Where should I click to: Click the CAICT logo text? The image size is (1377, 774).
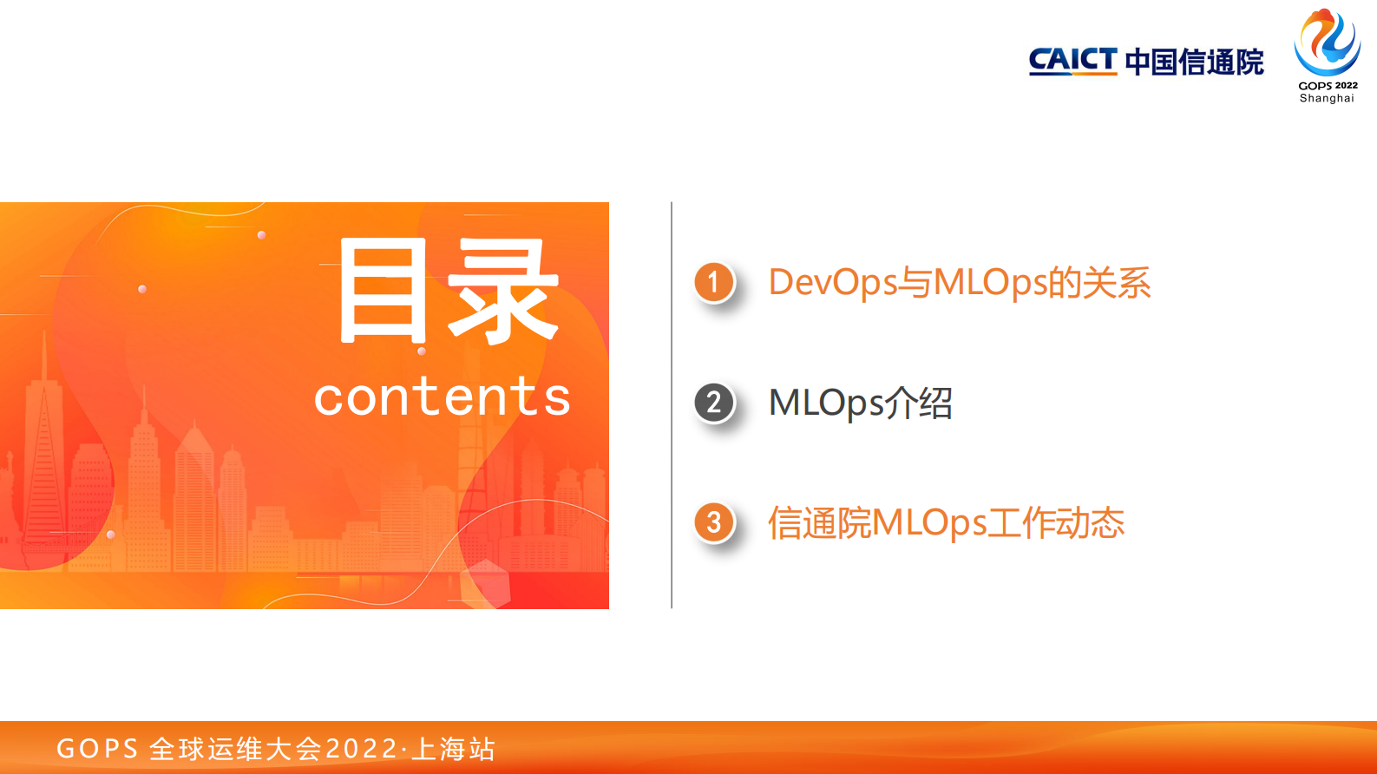(1072, 61)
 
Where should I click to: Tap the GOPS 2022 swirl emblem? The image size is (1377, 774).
(1327, 43)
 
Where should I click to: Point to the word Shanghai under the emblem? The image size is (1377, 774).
(1327, 98)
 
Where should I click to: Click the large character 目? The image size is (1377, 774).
(383, 292)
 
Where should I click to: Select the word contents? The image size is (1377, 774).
(442, 397)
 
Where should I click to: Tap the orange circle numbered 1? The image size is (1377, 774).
(714, 282)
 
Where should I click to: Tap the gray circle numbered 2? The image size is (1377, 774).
(714, 403)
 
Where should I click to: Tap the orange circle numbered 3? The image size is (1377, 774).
(714, 522)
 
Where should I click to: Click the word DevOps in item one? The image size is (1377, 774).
(832, 283)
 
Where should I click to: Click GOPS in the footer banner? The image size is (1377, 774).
(97, 749)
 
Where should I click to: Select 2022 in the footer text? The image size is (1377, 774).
(362, 749)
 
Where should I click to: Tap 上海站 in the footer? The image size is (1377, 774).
(453, 749)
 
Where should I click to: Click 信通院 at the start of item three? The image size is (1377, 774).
(818, 523)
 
